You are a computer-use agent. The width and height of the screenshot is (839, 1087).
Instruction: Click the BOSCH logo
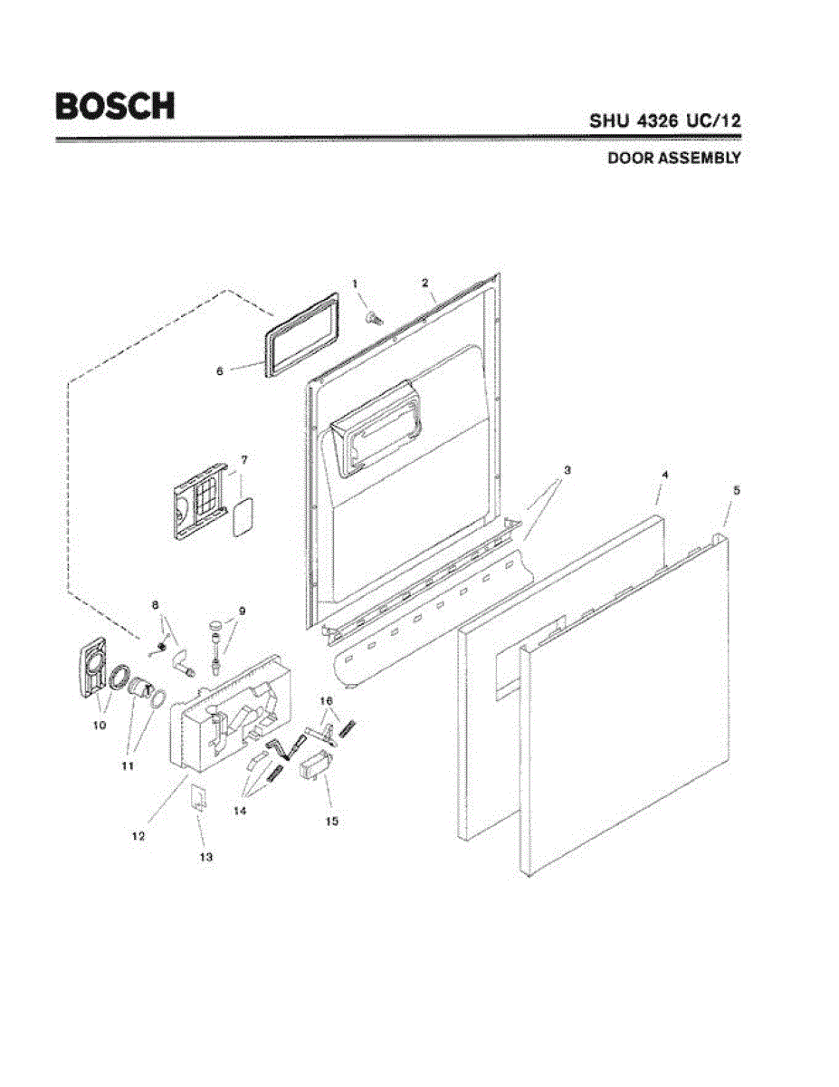tap(116, 105)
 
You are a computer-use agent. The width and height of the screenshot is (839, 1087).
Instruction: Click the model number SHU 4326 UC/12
tap(665, 120)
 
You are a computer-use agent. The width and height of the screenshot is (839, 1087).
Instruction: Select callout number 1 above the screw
tap(356, 284)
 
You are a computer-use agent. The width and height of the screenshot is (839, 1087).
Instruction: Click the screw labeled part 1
tap(371, 317)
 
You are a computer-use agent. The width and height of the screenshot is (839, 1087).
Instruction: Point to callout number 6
tap(220, 370)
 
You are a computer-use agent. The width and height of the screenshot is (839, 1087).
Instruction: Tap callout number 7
tap(243, 460)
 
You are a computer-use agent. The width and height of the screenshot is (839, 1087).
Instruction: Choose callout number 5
tap(736, 489)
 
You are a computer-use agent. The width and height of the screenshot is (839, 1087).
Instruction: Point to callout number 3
tap(567, 470)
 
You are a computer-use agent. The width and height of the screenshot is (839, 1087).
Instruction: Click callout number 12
tap(138, 836)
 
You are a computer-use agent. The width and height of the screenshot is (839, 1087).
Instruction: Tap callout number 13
tap(206, 856)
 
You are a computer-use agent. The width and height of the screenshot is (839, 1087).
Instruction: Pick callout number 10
tap(100, 725)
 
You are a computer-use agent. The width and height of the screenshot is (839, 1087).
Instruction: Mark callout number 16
tap(327, 701)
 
